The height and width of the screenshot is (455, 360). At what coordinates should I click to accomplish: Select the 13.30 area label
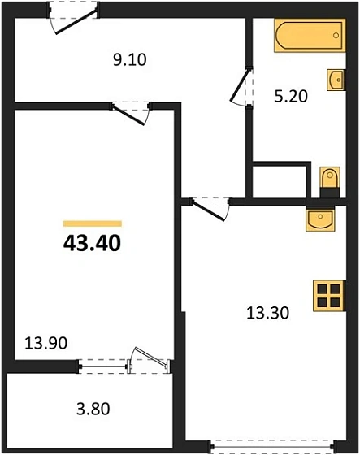[x=267, y=310]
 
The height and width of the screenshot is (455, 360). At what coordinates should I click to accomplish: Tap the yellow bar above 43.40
[x=92, y=223]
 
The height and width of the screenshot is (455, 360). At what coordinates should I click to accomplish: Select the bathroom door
[x=240, y=85]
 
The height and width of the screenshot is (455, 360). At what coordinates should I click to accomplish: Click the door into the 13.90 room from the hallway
[x=131, y=110]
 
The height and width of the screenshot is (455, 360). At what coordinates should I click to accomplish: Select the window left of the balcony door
[x=103, y=366]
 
